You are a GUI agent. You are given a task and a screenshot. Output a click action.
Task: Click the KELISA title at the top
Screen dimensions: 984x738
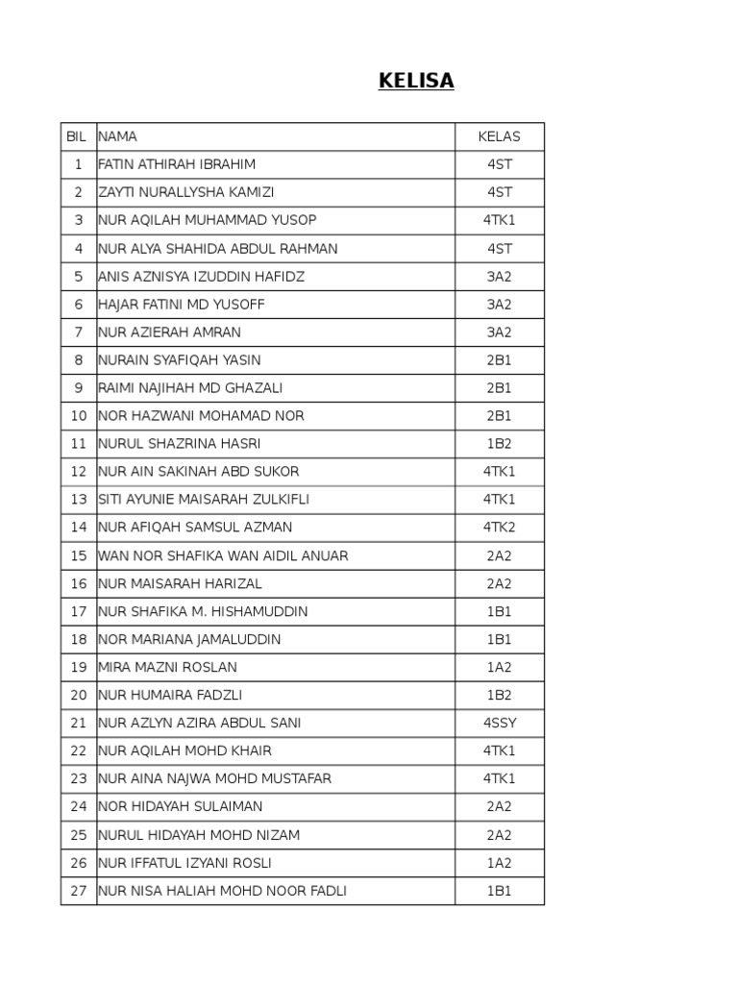(416, 82)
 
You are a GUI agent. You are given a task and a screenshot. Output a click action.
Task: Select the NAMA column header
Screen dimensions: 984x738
(118, 136)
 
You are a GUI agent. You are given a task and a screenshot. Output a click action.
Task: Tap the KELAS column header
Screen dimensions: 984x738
(499, 136)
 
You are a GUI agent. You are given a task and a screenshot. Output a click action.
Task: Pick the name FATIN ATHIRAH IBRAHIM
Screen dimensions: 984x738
(177, 164)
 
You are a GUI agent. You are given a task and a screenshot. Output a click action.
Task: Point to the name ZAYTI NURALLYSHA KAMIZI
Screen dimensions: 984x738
(186, 192)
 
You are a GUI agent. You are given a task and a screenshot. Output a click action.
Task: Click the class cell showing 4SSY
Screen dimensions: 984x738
(500, 723)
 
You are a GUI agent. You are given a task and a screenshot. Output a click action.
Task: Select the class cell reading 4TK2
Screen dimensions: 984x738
(500, 528)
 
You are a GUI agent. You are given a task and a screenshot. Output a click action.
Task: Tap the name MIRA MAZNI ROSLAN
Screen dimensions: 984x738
(167, 667)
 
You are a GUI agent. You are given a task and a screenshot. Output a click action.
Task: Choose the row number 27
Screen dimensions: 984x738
(79, 891)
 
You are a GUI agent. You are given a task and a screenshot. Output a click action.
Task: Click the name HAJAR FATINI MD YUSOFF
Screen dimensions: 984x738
(182, 305)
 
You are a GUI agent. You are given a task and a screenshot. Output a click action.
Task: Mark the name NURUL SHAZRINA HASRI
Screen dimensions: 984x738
(179, 444)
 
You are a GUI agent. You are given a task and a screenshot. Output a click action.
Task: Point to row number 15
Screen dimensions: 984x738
(79, 555)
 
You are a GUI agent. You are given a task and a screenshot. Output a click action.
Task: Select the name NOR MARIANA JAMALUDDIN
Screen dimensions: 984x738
(189, 639)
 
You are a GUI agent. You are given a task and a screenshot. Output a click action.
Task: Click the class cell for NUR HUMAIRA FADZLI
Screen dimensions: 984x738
(500, 695)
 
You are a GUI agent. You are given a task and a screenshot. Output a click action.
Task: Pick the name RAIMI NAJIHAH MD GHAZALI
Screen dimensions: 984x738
(190, 388)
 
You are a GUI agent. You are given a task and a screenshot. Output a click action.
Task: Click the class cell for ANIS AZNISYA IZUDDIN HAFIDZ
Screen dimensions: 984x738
(500, 277)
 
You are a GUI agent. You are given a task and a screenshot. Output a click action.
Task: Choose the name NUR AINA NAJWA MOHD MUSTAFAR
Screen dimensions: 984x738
(214, 778)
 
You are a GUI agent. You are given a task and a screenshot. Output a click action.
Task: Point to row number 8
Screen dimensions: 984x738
(79, 360)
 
